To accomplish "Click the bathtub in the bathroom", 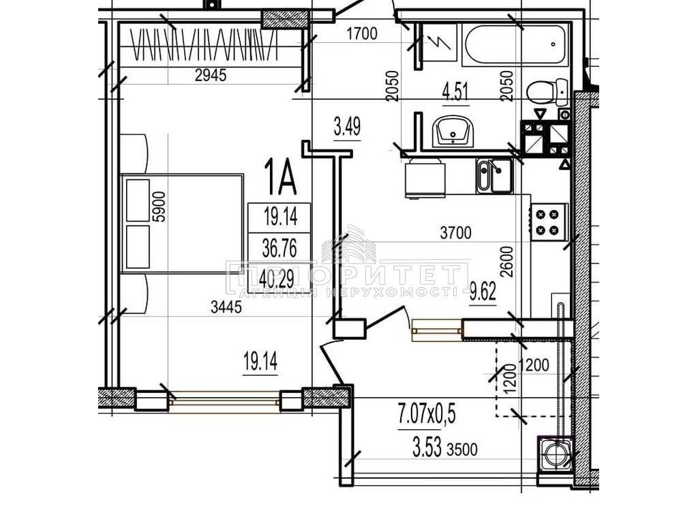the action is pos(515,44).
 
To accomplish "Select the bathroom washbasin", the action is pos(453,130).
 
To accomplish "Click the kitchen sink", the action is pos(495,176).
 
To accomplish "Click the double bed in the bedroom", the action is pos(181,223).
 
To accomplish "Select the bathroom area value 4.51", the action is pos(455,92).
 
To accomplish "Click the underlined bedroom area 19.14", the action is pos(260,361).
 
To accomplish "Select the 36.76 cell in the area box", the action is pos(279,248).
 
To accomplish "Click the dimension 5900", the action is pos(159,207).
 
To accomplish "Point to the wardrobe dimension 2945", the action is pos(211,75).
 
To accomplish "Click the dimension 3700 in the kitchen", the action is pos(455,232).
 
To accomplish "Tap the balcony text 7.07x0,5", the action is pos(427,414).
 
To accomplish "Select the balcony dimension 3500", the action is pos(462,449).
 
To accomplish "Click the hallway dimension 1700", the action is pos(362,33).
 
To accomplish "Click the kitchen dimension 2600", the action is pos(506,262).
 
